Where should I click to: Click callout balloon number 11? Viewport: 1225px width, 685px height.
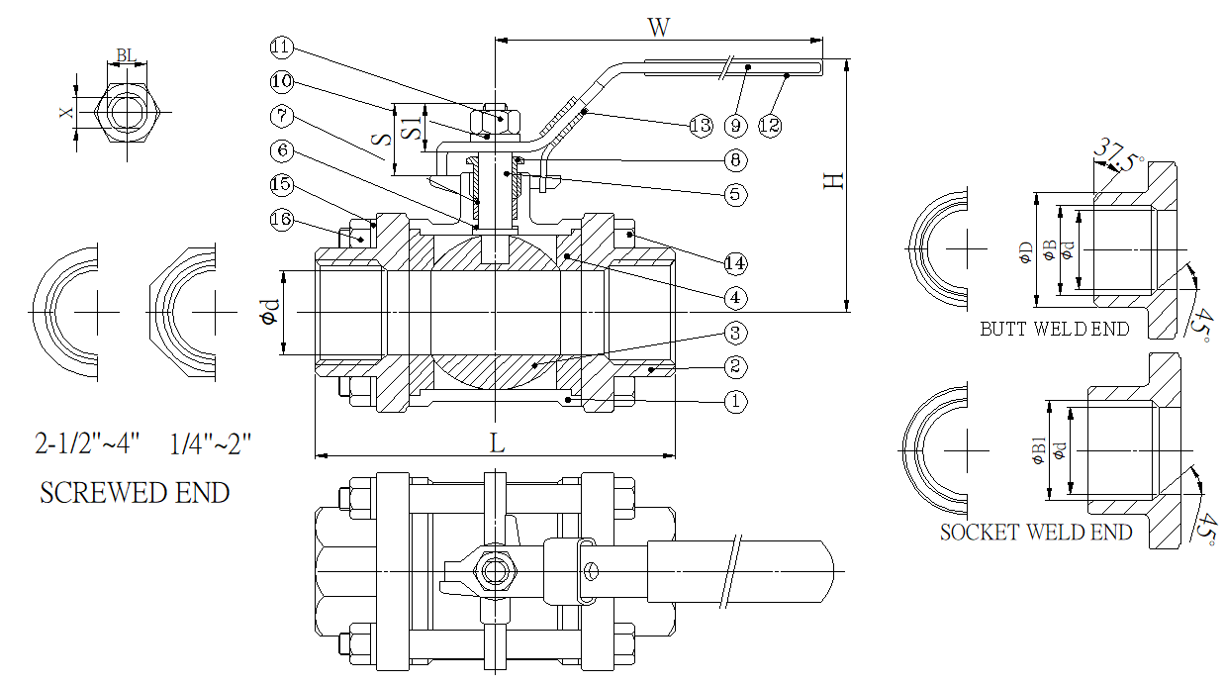tap(282, 47)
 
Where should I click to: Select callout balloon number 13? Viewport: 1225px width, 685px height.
tap(700, 125)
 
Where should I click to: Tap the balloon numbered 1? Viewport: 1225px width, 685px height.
tap(733, 402)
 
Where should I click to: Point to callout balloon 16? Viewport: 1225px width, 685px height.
tap(282, 219)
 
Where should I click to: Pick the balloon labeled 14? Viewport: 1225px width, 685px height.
tap(733, 263)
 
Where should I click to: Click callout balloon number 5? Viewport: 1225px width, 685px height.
tap(733, 194)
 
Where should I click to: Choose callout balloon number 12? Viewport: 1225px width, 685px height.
tap(769, 125)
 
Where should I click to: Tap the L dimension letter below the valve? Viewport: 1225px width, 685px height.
tap(498, 444)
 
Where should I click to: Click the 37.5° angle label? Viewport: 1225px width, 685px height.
tap(1118, 156)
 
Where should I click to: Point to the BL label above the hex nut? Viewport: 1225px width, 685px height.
tap(127, 54)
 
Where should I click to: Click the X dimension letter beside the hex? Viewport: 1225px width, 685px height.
tap(66, 113)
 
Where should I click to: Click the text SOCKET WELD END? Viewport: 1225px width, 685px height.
tap(1035, 533)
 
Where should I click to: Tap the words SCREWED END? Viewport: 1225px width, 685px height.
tap(135, 492)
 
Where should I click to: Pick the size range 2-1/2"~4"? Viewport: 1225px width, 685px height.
tap(88, 444)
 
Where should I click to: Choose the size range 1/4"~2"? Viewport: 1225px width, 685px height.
tap(212, 444)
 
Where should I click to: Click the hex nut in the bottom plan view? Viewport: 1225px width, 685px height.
tap(492, 570)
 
